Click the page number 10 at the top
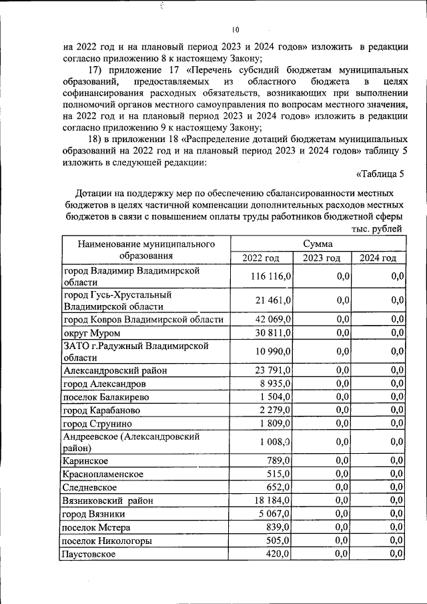coord(236,29)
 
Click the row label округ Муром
coord(92,332)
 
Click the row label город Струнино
coord(97,423)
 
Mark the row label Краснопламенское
coord(103,474)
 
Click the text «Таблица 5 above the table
coord(380,176)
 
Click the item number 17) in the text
coord(97,70)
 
